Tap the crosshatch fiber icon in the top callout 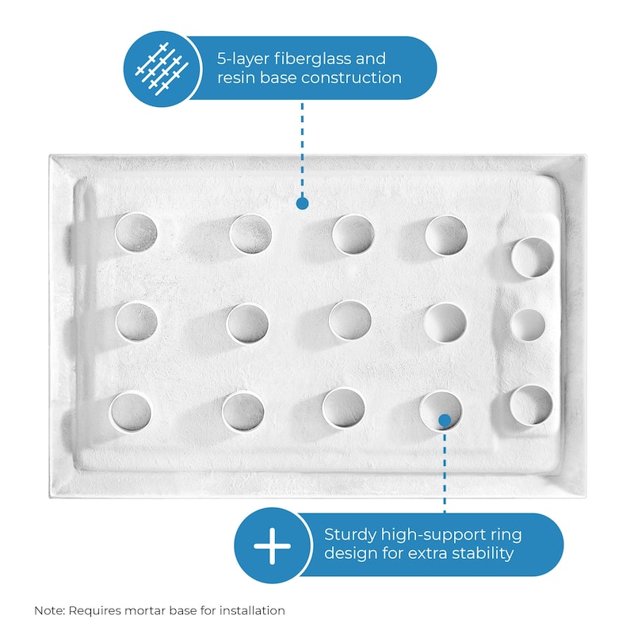(161, 68)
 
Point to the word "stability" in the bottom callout (482, 553)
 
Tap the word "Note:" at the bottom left (50, 611)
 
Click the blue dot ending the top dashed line (302, 204)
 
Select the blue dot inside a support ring (445, 419)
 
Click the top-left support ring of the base (136, 232)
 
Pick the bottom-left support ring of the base (131, 410)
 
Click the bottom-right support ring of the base (530, 404)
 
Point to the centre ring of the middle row (349, 320)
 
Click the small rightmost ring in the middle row (528, 325)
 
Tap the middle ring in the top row (353, 235)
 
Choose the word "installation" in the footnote (247, 611)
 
